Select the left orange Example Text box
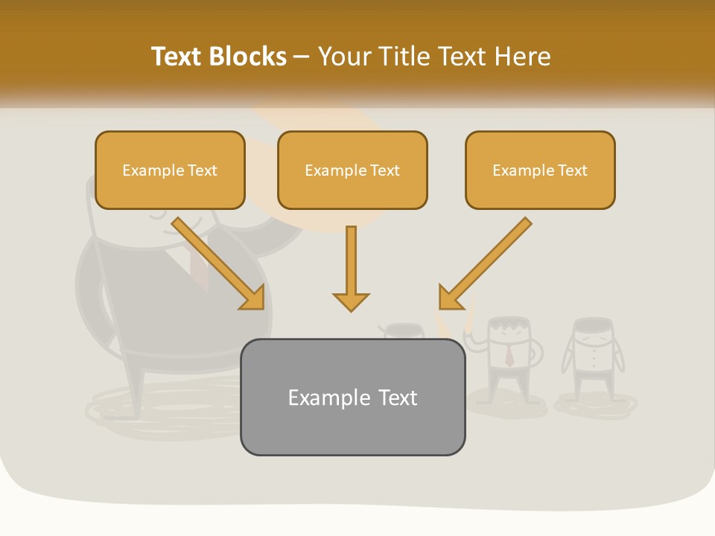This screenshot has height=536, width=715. pyautogui.click(x=170, y=170)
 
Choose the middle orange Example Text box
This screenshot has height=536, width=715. pyautogui.click(x=352, y=170)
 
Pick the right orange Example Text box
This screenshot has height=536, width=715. pyautogui.click(x=540, y=170)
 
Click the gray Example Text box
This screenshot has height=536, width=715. pyautogui.click(x=352, y=397)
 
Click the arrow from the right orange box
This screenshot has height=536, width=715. pyautogui.click(x=484, y=264)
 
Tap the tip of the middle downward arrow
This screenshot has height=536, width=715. pyautogui.click(x=351, y=308)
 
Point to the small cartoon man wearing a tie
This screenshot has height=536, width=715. pyautogui.click(x=509, y=357)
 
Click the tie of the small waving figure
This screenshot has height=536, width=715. pyautogui.click(x=509, y=357)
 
